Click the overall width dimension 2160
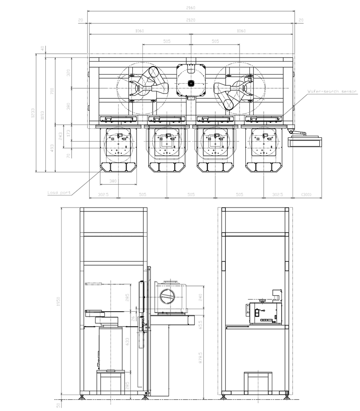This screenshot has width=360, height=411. tap(190, 8)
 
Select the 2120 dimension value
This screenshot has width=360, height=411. tap(190, 20)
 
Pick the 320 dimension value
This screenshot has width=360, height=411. tap(68, 73)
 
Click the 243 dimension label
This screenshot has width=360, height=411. tap(60, 136)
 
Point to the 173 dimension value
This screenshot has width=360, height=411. tap(68, 133)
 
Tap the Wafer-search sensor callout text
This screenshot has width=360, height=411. tap(332, 92)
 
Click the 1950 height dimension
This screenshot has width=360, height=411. tap(59, 302)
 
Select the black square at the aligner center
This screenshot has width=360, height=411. tap(191, 83)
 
